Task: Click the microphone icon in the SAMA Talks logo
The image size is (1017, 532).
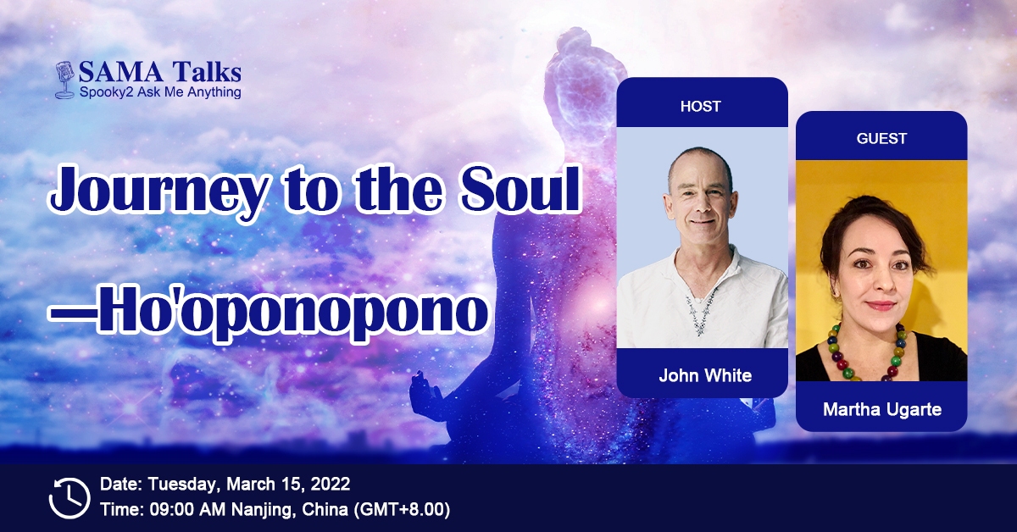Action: (x=65, y=80)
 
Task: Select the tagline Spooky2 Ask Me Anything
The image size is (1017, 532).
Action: (x=160, y=92)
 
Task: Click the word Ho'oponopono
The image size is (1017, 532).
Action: (x=293, y=313)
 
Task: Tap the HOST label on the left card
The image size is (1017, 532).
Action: (x=701, y=106)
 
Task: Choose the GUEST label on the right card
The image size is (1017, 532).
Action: (x=881, y=138)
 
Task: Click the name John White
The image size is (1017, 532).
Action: (x=705, y=375)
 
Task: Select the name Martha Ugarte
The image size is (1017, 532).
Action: (x=882, y=409)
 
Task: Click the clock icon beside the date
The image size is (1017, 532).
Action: (x=69, y=497)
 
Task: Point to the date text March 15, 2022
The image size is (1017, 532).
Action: (x=288, y=485)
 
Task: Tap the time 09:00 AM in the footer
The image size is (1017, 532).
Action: (x=187, y=510)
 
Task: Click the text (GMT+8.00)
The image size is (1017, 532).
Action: (x=402, y=510)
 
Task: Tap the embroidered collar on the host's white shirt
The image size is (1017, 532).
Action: (x=701, y=308)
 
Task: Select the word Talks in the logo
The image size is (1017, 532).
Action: (x=207, y=73)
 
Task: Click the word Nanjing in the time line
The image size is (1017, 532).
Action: (x=264, y=510)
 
